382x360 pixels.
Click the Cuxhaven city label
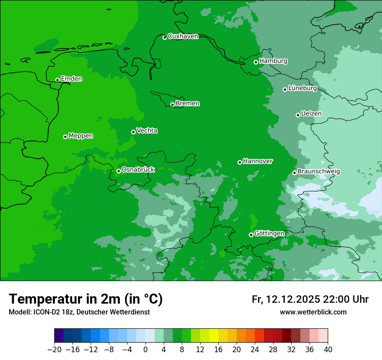tap(183, 36)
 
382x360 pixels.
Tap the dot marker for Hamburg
tap(256, 62)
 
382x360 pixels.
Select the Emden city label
tap(71, 79)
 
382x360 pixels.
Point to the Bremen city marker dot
tap(172, 105)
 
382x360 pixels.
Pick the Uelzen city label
tap(311, 114)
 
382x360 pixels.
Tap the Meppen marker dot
tap(65, 137)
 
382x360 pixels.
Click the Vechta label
tap(147, 131)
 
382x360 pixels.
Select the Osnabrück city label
tap(138, 170)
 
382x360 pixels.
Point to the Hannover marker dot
tap(240, 162)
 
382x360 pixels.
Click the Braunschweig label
tap(319, 172)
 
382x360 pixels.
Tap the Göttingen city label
tap(269, 233)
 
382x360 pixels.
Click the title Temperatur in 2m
tap(86, 299)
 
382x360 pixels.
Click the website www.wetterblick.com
tap(313, 312)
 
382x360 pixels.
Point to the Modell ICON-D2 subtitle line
tap(79, 312)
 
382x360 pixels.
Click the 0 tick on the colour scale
tap(145, 349)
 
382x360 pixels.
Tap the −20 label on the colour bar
tap(54, 349)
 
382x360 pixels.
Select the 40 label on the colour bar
tap(328, 349)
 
